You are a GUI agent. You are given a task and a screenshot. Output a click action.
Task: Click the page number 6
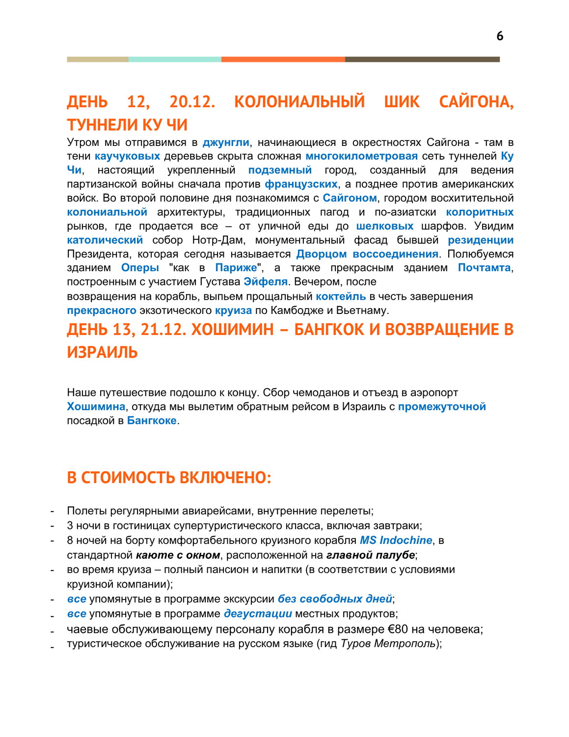click(x=499, y=36)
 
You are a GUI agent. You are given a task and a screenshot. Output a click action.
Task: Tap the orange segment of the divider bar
click(x=283, y=59)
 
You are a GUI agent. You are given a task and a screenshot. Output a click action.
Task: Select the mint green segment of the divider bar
click(x=175, y=59)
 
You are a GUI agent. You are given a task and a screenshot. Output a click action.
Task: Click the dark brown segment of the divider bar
click(x=422, y=59)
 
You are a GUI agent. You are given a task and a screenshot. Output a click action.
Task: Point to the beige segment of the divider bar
click(x=98, y=59)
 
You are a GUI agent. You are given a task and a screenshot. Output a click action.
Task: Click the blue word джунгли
click(x=226, y=142)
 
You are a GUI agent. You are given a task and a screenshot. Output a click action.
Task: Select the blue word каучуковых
click(x=127, y=156)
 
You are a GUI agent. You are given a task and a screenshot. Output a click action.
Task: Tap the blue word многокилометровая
click(x=361, y=156)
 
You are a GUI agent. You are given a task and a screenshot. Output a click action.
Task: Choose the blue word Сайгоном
click(x=350, y=198)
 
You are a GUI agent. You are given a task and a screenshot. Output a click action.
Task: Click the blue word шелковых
click(x=384, y=226)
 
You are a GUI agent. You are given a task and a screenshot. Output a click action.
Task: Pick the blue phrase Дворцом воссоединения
click(x=367, y=254)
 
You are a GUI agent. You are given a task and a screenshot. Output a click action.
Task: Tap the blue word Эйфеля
click(x=266, y=282)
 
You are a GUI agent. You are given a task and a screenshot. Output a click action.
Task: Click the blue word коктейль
click(x=341, y=296)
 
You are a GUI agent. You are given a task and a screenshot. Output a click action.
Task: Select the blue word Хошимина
click(x=96, y=406)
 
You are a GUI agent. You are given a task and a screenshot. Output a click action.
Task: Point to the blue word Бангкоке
click(x=152, y=421)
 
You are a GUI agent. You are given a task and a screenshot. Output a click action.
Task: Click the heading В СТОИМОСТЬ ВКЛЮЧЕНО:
click(x=169, y=478)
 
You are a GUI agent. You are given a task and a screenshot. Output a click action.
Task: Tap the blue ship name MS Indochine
click(x=396, y=540)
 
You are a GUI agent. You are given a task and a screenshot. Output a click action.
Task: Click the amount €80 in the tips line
click(x=398, y=629)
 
